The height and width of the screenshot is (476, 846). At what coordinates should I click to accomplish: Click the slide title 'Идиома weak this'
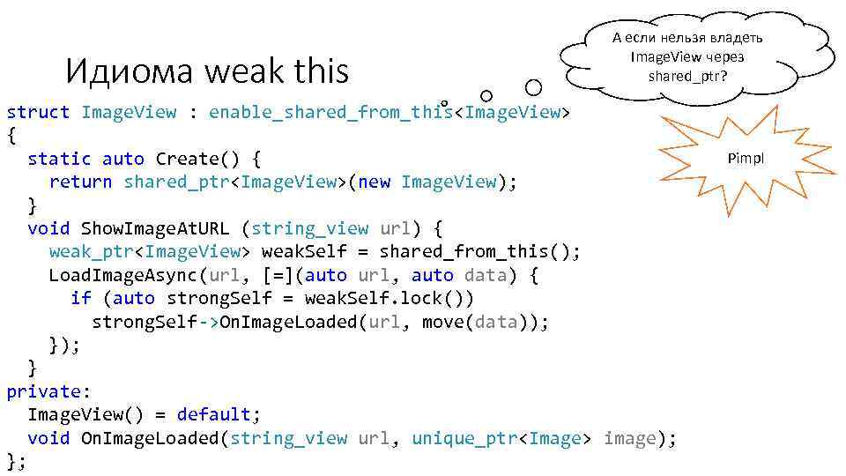(207, 71)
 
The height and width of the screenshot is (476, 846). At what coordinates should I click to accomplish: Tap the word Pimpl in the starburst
(746, 159)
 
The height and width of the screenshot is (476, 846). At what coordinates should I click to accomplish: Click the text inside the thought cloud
(686, 56)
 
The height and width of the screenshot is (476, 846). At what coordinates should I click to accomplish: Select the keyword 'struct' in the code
(38, 112)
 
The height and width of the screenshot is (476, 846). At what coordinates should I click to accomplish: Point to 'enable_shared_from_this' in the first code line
(330, 112)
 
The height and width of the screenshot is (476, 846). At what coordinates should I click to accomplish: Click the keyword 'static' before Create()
(59, 159)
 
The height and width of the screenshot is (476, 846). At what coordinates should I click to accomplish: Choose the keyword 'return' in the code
(80, 182)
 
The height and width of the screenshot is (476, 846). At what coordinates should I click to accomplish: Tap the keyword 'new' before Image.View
(374, 182)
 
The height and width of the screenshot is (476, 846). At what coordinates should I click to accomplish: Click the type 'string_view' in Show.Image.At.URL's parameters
(309, 228)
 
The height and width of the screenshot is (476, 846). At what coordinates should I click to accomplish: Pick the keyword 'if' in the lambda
(80, 298)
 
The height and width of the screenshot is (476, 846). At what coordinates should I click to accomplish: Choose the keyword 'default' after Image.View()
(213, 414)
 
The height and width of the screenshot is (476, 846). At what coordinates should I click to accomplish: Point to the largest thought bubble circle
(533, 87)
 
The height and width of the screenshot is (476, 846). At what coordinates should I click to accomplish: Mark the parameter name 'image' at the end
(629, 438)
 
